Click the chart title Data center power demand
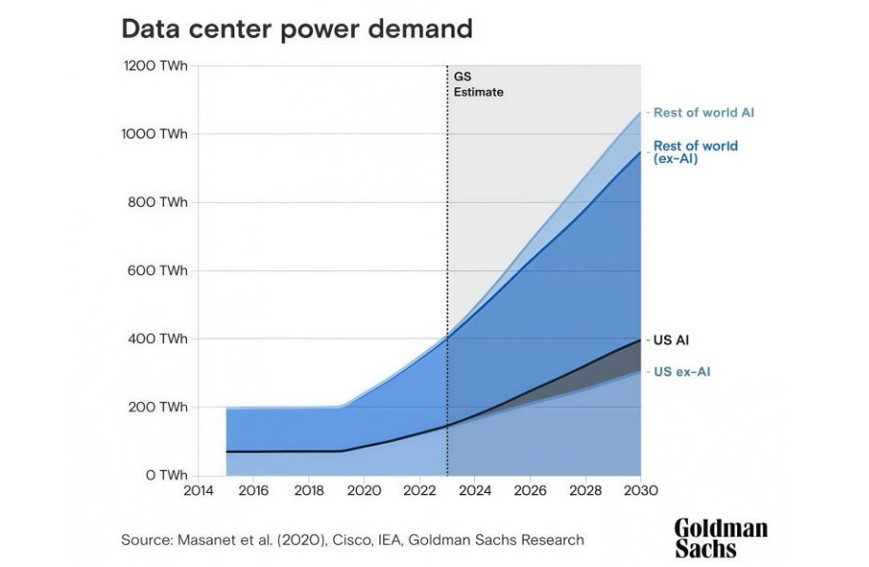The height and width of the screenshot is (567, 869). point(296,28)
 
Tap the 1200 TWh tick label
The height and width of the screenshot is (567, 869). point(156,66)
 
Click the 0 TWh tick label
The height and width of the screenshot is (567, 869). point(165,475)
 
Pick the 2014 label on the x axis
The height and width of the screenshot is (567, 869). point(198,491)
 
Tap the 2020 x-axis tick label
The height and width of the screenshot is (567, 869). point(364,491)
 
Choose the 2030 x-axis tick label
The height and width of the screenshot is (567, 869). point(641,491)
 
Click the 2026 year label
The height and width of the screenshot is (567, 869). point(530,491)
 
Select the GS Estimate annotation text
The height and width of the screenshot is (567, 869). point(477,85)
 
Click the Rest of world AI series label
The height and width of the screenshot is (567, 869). point(703,113)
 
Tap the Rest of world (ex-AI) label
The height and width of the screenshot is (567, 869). point(694,153)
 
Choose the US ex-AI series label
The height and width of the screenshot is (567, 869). point(681,372)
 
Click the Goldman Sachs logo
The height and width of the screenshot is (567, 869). point(720,538)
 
